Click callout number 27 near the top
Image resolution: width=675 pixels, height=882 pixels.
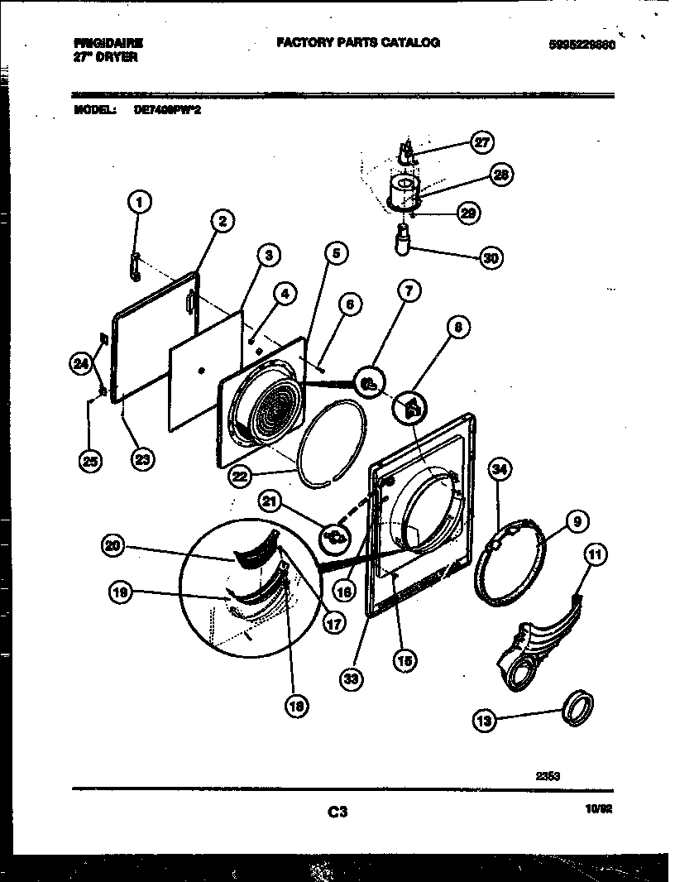pos(481,142)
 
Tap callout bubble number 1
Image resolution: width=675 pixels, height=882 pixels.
pos(140,201)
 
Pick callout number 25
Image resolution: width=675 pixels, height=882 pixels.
pos(91,461)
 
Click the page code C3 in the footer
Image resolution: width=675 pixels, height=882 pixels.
pos(336,812)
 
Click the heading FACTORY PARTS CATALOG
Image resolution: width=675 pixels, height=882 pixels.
pos(357,42)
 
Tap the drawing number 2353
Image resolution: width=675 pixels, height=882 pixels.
pos(548,775)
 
